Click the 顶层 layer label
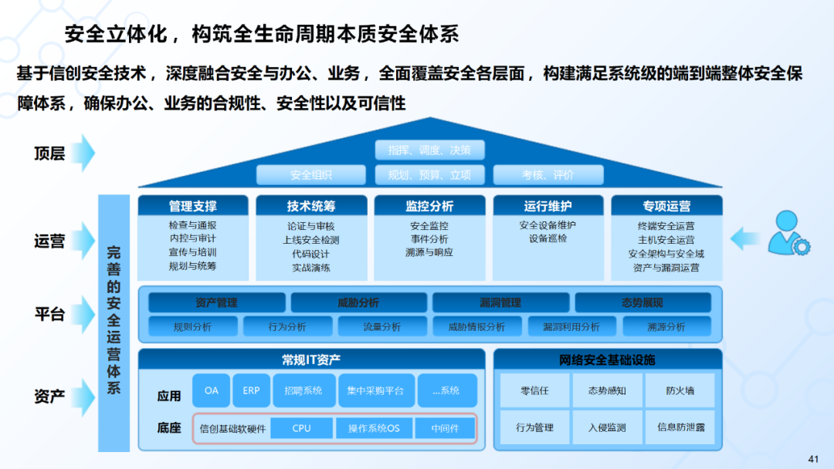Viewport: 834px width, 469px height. click(x=49, y=153)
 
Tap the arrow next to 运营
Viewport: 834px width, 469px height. click(x=85, y=241)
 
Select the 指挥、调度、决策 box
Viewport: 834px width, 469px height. click(x=429, y=150)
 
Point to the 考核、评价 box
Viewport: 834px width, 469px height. click(x=548, y=175)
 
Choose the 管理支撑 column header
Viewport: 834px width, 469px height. click(x=193, y=206)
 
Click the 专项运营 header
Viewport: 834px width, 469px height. click(x=666, y=206)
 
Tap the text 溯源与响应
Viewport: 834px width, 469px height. click(x=429, y=252)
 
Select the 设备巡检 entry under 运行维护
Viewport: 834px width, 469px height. click(x=548, y=238)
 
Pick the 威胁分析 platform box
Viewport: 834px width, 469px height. click(x=358, y=302)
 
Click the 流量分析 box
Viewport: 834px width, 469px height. click(x=382, y=327)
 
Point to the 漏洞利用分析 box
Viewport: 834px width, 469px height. click(x=571, y=327)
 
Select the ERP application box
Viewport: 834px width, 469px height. click(x=251, y=390)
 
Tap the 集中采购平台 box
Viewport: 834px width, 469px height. click(x=375, y=390)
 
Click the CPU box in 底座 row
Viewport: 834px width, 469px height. click(x=301, y=428)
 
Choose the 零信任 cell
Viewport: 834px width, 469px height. click(x=534, y=390)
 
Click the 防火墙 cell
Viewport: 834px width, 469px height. click(x=680, y=390)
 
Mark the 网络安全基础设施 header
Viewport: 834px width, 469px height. click(x=607, y=359)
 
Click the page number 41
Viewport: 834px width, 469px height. click(x=812, y=459)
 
